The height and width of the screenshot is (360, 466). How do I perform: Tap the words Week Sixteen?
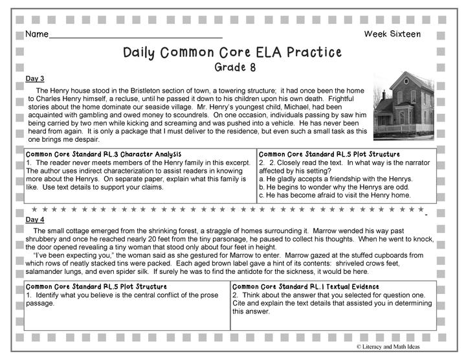point(392,34)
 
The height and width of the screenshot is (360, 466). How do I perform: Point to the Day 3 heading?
point(35,78)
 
